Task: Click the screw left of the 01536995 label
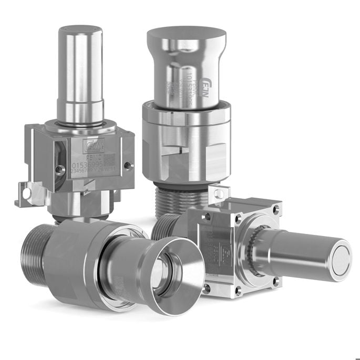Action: tap(57, 168)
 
